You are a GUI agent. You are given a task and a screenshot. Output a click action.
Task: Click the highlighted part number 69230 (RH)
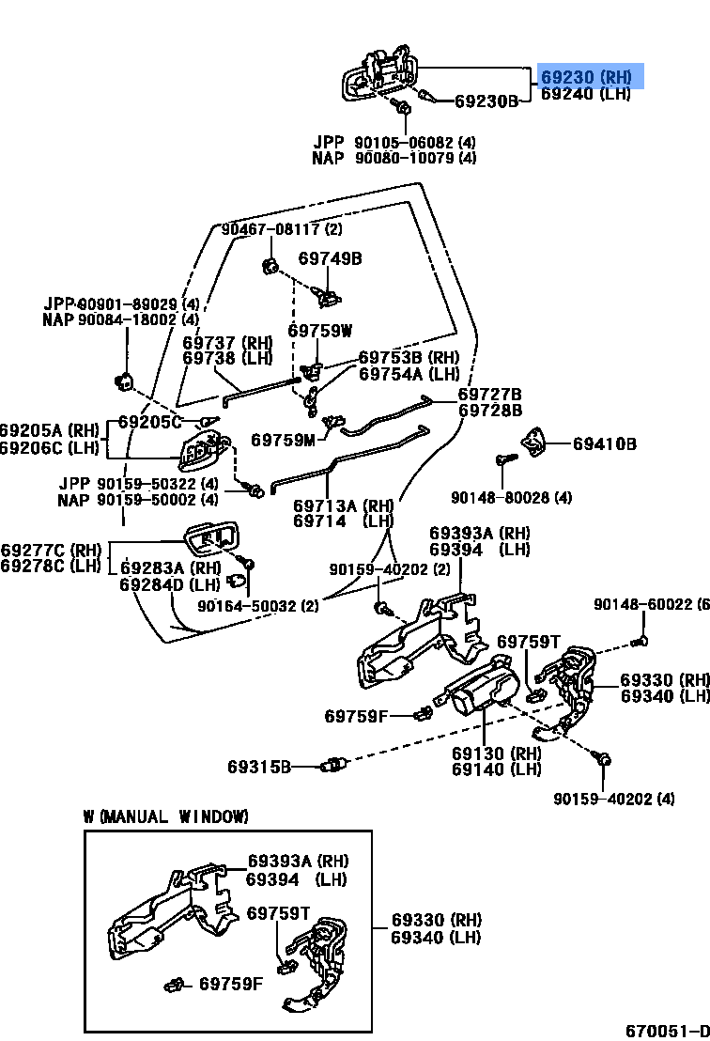pos(586,76)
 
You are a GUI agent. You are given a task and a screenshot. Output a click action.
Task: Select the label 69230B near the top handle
pos(486,101)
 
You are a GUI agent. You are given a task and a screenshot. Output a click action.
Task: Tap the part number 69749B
pos(330,258)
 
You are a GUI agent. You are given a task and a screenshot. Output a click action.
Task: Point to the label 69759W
pos(320,331)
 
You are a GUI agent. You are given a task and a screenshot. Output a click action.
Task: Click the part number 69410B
pos(605,443)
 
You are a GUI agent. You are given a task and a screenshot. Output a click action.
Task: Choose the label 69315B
pos(259,768)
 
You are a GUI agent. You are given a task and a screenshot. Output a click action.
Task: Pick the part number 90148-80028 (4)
pos(511,497)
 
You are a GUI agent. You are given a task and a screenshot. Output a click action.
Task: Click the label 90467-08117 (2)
pos(282,229)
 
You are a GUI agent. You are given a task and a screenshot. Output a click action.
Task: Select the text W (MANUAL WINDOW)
pos(166,816)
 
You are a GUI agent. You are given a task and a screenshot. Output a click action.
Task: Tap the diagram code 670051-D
pos(668,1031)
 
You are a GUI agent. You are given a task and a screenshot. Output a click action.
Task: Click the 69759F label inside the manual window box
pos(231,984)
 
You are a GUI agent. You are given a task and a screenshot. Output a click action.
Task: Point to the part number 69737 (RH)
pos(227,343)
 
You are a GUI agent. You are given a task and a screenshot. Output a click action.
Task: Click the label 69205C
pos(149,422)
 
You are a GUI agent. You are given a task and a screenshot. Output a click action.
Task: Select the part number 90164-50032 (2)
pos(258,605)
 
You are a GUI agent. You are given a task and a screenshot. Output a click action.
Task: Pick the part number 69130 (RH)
pos(496,754)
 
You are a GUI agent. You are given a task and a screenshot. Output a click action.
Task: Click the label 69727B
pos(489,395)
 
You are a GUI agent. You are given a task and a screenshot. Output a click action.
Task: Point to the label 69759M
pos(283,440)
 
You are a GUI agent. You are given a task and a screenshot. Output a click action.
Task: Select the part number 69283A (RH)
pos(171,568)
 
